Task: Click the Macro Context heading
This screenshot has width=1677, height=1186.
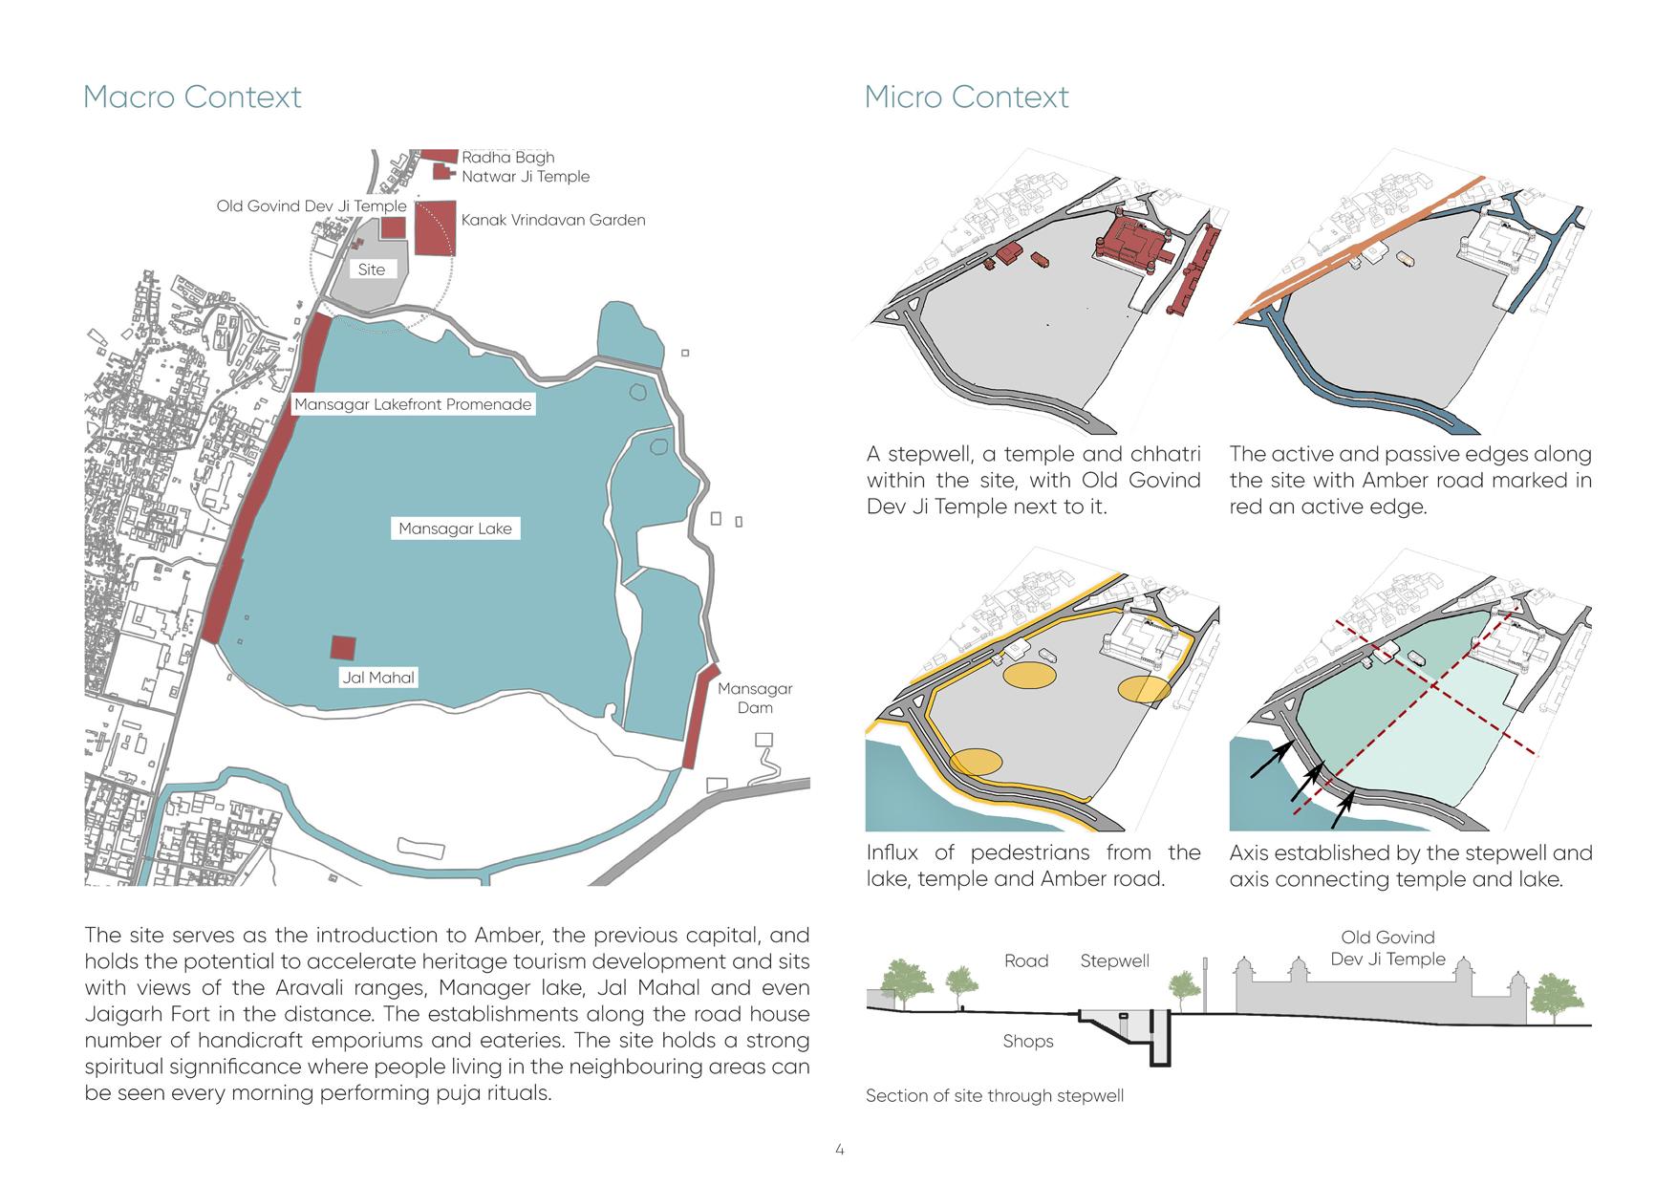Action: (x=192, y=97)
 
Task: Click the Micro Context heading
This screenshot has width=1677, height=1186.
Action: (x=966, y=97)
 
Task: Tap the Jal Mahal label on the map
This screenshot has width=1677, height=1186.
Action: (x=378, y=678)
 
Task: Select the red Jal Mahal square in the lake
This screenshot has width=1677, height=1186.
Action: (x=343, y=647)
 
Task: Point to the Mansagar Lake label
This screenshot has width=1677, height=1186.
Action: (x=455, y=528)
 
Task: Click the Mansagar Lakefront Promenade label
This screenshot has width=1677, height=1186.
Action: (x=412, y=404)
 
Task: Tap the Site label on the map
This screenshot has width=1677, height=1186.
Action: (x=371, y=270)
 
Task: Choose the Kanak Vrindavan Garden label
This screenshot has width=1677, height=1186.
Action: (x=553, y=220)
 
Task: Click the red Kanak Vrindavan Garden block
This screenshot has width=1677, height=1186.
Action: (x=436, y=227)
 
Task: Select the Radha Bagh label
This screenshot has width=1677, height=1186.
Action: (x=507, y=157)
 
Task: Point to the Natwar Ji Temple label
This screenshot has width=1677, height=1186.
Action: (x=526, y=176)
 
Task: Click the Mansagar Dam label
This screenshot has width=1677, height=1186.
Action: (x=755, y=698)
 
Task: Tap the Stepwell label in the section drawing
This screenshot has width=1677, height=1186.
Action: (x=1114, y=960)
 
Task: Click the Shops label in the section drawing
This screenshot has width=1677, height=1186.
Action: (x=1027, y=1041)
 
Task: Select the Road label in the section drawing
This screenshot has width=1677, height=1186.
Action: (x=1026, y=960)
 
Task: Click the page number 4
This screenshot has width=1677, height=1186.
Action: (x=839, y=1150)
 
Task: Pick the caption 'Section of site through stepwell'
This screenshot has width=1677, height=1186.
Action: (x=994, y=1095)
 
